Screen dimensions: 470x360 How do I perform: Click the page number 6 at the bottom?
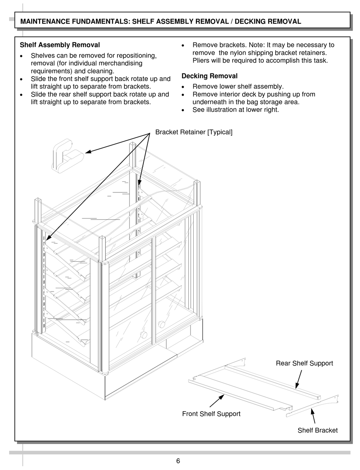[x=178, y=461]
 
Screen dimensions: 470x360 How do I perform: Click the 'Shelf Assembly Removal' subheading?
[x=60, y=45]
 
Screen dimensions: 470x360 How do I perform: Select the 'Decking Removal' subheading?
[x=210, y=76]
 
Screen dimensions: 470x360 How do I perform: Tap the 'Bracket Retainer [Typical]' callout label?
[x=194, y=132]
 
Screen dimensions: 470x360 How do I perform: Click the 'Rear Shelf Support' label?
[x=304, y=363]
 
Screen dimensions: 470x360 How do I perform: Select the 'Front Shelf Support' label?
[x=211, y=414]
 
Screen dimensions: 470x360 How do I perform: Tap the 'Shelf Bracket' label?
[x=318, y=430]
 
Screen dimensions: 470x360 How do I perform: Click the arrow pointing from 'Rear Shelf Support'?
[x=299, y=379]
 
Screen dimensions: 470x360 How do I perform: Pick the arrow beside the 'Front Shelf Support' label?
[x=217, y=401]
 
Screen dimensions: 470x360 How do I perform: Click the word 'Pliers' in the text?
[x=201, y=60]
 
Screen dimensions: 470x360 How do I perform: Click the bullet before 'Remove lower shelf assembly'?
[x=183, y=87]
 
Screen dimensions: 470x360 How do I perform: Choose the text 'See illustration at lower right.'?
[x=236, y=109]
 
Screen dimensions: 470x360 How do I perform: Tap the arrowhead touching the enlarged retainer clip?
[x=88, y=152]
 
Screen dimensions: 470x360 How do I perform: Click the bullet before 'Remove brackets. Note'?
[x=183, y=45]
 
